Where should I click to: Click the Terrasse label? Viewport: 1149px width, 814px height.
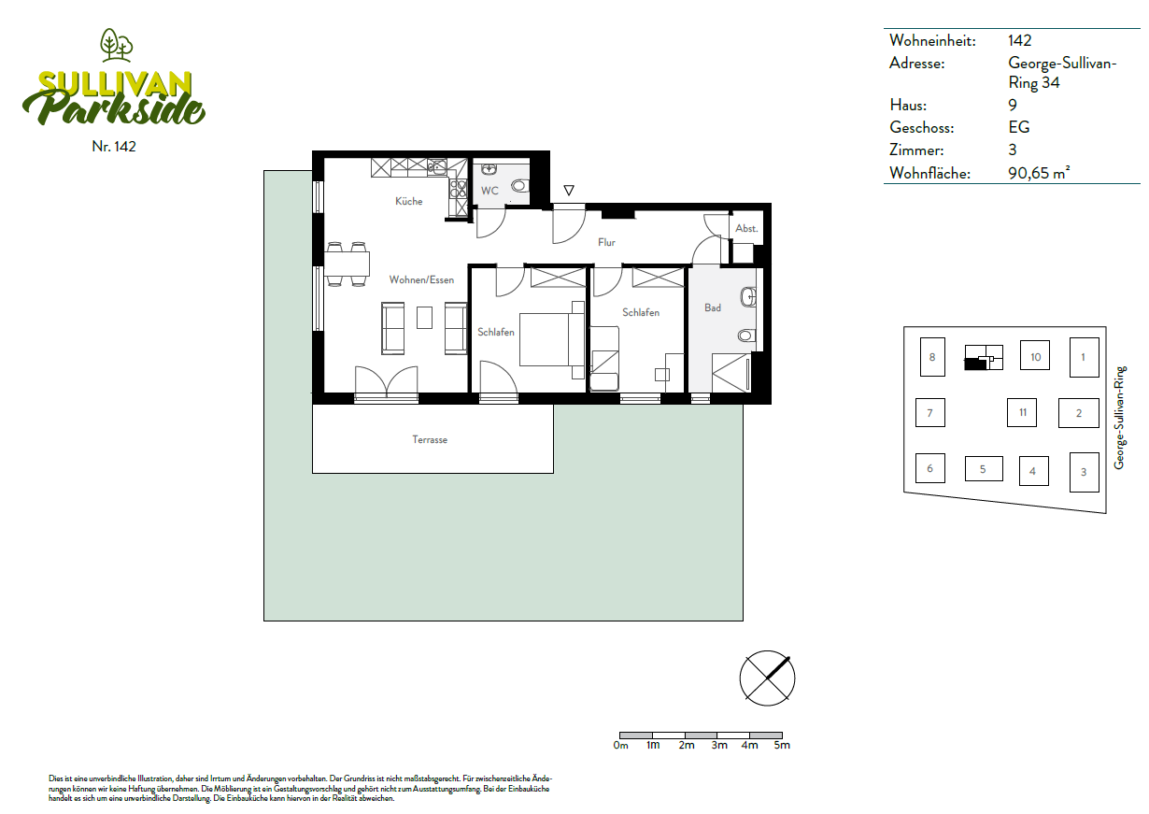click(x=430, y=440)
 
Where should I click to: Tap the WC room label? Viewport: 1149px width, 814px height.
click(x=489, y=191)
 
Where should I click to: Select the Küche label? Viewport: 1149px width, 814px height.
click(x=409, y=201)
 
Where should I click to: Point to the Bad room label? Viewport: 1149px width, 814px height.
click(x=713, y=308)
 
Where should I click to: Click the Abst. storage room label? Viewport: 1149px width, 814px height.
click(x=746, y=228)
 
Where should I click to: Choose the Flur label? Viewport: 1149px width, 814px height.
click(x=606, y=242)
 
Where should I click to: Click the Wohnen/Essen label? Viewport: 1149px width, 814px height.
click(x=421, y=279)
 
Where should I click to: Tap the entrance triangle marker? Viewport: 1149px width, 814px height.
click(x=568, y=191)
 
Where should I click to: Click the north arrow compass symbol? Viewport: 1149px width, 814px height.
click(x=767, y=678)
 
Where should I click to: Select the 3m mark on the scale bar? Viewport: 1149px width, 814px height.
click(x=719, y=745)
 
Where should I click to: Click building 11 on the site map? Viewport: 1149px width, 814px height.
click(x=1022, y=413)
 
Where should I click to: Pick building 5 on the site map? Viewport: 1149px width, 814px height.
click(x=984, y=468)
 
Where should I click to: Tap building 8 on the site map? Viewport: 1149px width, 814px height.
click(x=932, y=357)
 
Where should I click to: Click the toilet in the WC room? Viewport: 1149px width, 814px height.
click(x=519, y=185)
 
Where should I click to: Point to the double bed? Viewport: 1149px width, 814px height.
click(x=552, y=340)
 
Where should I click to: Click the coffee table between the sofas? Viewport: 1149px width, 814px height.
click(x=424, y=317)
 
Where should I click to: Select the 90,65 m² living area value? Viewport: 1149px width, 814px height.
click(x=1039, y=173)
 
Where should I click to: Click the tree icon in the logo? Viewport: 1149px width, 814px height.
click(x=117, y=45)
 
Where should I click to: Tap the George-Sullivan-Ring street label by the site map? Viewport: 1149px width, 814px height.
click(x=1119, y=417)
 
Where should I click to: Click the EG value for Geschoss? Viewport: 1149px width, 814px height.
click(x=1019, y=127)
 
